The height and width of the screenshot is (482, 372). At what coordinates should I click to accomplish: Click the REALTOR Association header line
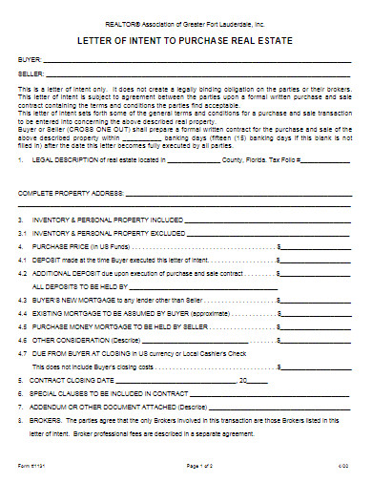pyautogui.click(x=186, y=18)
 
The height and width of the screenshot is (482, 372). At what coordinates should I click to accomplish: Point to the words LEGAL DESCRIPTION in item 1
pyautogui.click(x=65, y=160)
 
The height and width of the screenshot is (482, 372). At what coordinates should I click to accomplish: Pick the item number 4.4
pyautogui.click(x=23, y=311)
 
